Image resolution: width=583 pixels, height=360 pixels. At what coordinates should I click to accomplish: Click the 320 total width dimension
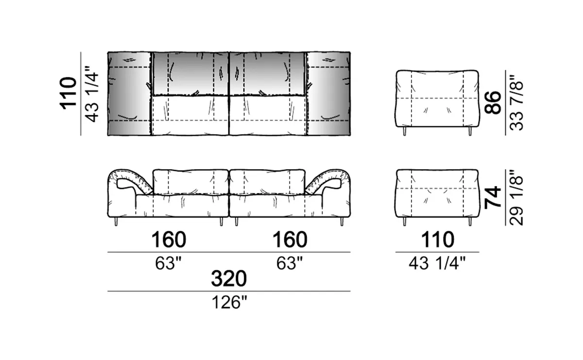[x=229, y=279]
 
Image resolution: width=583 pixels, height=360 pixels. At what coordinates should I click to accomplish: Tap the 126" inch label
[x=229, y=303]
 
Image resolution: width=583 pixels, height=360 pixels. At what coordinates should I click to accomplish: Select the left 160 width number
[x=169, y=240]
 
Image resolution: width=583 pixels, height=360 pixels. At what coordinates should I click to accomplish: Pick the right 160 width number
[x=290, y=240]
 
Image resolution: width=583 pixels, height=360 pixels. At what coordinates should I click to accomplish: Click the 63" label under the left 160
[x=168, y=263]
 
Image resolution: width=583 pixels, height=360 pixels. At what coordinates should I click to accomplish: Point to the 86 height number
[x=493, y=103]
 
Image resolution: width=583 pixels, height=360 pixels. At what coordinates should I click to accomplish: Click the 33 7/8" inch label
[x=516, y=103]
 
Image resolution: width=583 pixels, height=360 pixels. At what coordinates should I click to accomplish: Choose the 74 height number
[x=493, y=198]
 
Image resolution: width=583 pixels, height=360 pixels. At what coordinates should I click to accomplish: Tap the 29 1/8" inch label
[x=516, y=198]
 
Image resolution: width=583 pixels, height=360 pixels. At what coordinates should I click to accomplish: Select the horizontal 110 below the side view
[x=438, y=240]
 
